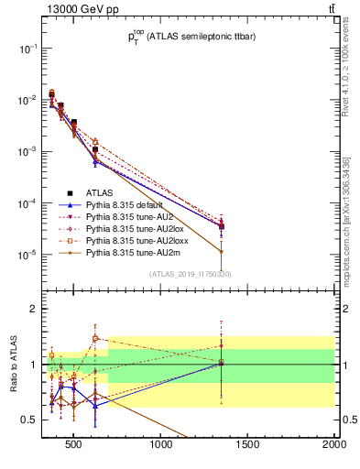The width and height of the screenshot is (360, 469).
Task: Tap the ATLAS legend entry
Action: (99, 193)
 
